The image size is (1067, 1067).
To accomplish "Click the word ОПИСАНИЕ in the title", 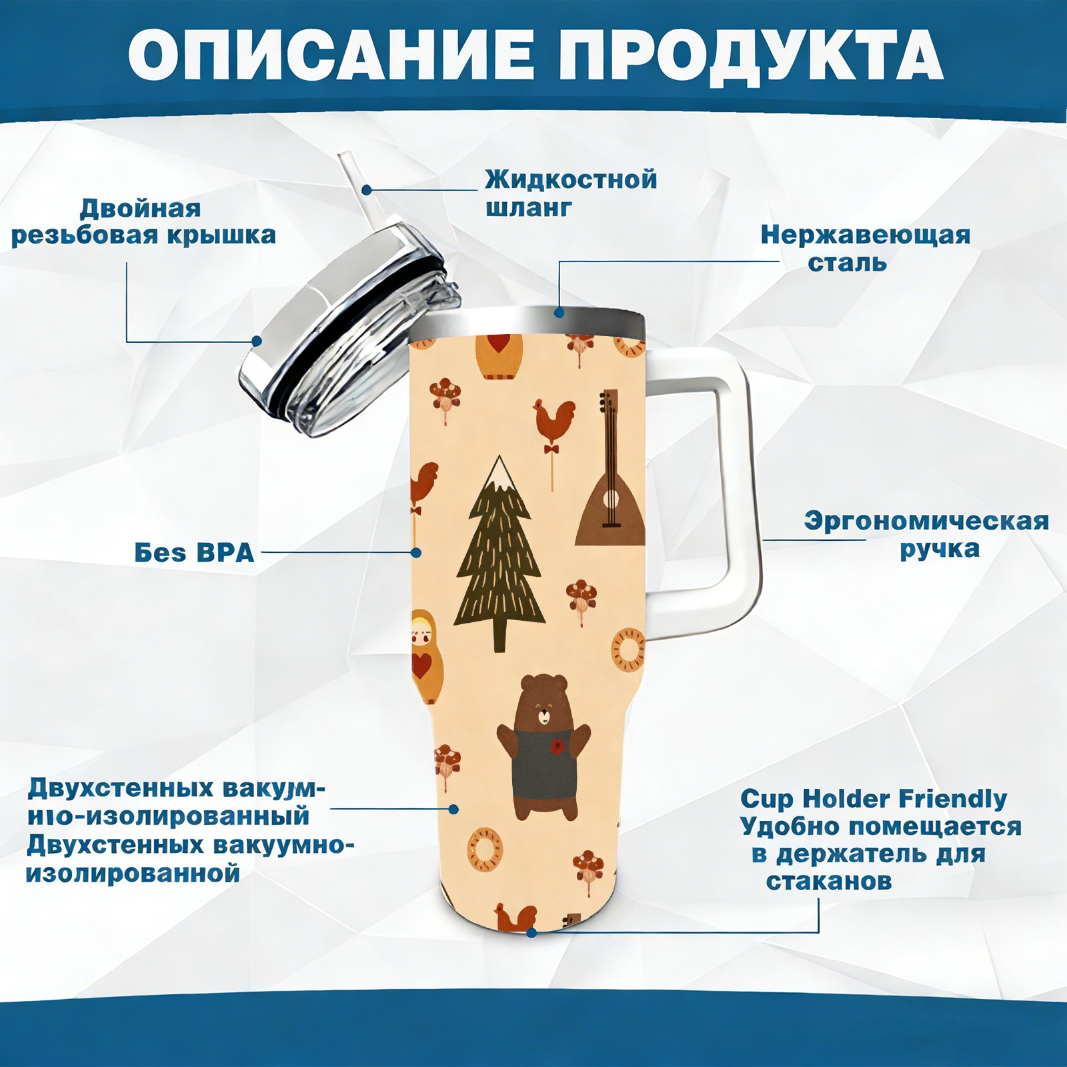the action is pos(331,55).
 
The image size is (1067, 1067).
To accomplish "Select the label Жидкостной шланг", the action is pos(571,193).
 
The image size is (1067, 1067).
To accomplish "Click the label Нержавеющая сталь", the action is pos(866,248).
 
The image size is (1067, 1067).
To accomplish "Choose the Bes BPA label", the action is pos(195,553).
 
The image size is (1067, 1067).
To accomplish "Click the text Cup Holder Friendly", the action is pos(874,799).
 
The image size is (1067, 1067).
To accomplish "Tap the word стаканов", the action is pos(829,882).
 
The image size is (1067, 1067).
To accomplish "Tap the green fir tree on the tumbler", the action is pos(499,554).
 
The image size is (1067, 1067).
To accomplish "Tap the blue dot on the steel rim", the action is pos(559,311).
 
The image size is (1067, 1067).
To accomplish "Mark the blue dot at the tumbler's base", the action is pos(531,932).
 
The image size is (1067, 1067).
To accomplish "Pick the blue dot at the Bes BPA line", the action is pos(416,552).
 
